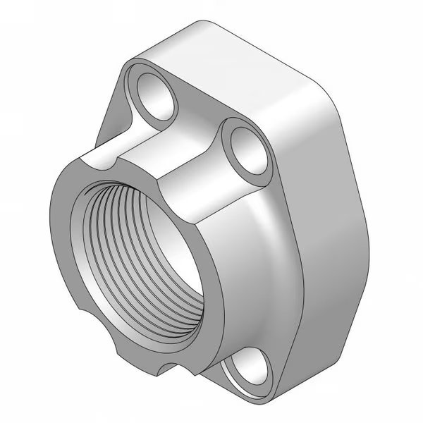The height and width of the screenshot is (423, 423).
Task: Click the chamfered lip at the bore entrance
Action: coord(84,233)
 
